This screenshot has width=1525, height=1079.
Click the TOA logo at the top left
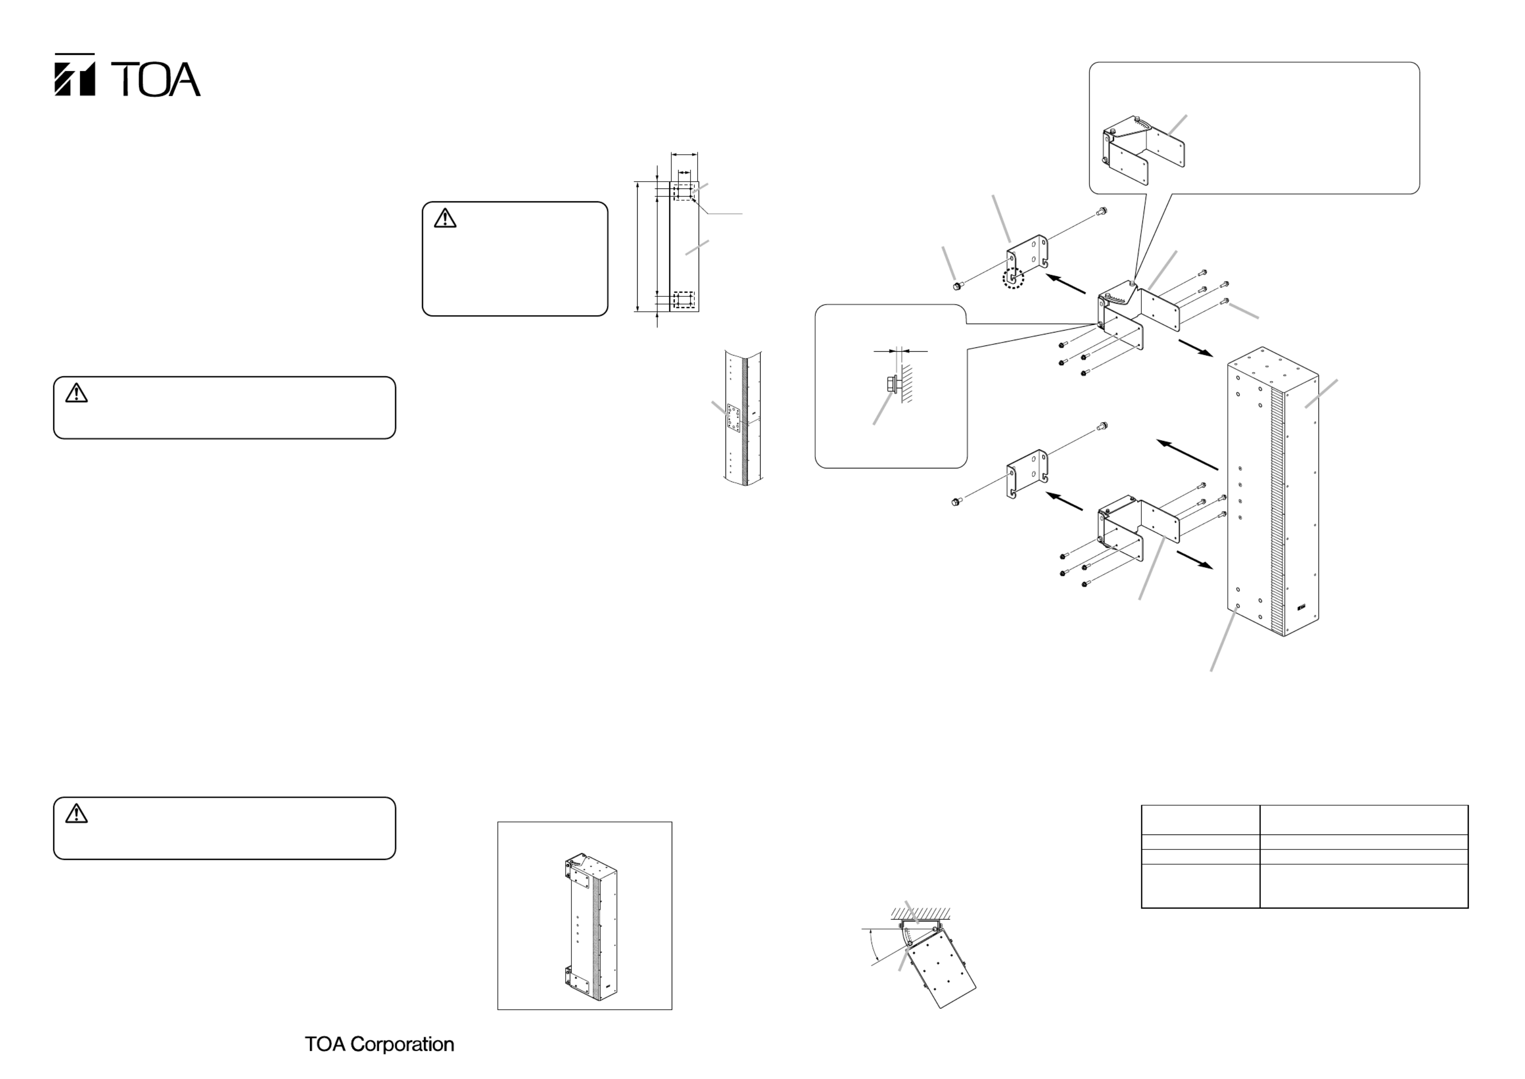click(127, 75)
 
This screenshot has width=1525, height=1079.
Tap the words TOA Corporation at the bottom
click(379, 1044)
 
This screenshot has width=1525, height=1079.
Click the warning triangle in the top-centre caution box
click(445, 218)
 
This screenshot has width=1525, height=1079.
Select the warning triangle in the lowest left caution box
click(76, 813)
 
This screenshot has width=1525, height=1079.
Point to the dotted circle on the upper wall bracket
click(1013, 278)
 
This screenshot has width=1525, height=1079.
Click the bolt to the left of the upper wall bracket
click(957, 286)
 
